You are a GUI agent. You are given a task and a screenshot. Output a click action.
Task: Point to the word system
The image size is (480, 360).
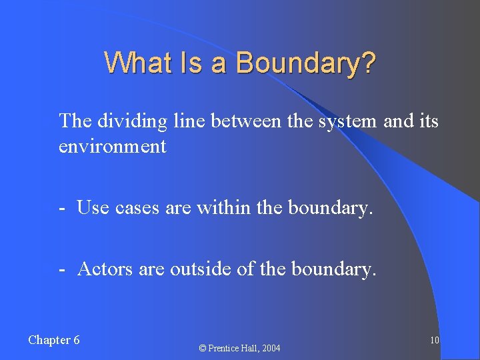pos(352,121)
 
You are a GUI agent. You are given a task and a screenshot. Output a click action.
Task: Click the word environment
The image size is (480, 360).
pos(112,146)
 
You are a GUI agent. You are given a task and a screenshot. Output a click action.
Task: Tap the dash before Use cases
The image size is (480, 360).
pos(61,208)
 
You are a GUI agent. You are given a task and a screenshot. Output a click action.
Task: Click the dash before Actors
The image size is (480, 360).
pos(61,269)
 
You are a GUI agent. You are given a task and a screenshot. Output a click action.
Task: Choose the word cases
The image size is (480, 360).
pos(137,208)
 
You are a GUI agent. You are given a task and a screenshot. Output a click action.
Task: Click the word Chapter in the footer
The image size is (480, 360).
pos(48,340)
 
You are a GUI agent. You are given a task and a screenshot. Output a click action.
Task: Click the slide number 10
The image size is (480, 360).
pos(434,341)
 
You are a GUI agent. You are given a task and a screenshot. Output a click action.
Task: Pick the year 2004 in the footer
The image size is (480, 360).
pos(271,348)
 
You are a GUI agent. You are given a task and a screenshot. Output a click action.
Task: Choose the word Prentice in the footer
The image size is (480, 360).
pos(223,348)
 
